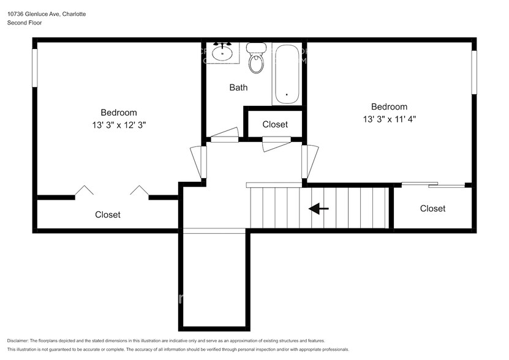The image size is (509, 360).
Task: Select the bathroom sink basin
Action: click(222, 54)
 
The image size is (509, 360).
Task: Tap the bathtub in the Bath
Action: click(287, 75)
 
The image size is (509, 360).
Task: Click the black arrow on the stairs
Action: click(319, 209)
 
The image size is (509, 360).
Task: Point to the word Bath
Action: click(238, 88)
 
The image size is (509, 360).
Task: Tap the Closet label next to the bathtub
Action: click(275, 124)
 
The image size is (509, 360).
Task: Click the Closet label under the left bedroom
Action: click(108, 215)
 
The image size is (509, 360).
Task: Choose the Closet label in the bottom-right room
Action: click(432, 209)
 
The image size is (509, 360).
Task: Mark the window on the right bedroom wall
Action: click(473, 72)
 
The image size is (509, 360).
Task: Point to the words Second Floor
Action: click(25, 23)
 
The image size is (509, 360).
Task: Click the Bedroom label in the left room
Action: click(119, 113)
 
